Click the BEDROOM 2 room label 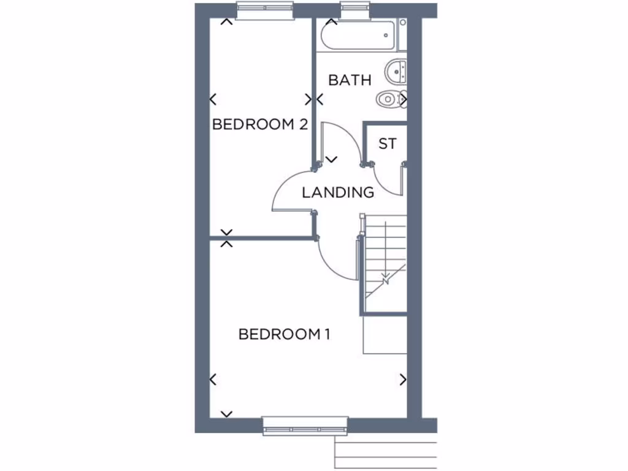pyautogui.click(x=259, y=124)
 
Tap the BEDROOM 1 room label pyautogui.click(x=285, y=334)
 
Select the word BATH pyautogui.click(x=350, y=80)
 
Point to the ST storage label pyautogui.click(x=387, y=144)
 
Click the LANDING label pyautogui.click(x=338, y=193)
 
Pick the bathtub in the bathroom pyautogui.click(x=359, y=36)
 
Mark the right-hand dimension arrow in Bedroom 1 pyautogui.click(x=403, y=380)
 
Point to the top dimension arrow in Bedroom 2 pyautogui.click(x=226, y=23)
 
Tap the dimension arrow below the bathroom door pyautogui.click(x=332, y=159)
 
